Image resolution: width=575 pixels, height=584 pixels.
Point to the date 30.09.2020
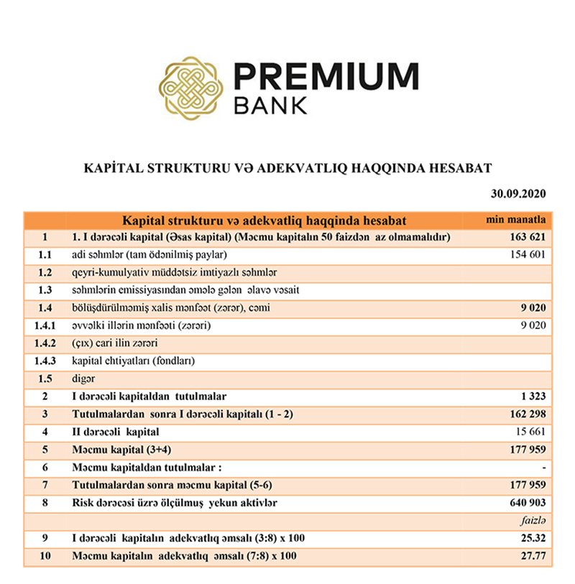pyautogui.click(x=520, y=194)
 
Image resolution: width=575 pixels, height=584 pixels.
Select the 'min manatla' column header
pyautogui.click(x=517, y=218)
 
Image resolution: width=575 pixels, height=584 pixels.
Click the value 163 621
pyautogui.click(x=528, y=236)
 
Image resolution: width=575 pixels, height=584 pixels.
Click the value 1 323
pyautogui.click(x=533, y=396)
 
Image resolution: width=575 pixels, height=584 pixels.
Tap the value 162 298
pyautogui.click(x=528, y=414)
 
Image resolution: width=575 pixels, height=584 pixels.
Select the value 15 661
pyautogui.click(x=531, y=432)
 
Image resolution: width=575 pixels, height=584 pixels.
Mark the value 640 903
pyautogui.click(x=528, y=503)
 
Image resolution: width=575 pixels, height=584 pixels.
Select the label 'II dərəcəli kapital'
pyautogui.click(x=115, y=432)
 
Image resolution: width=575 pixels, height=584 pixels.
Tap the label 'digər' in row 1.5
pyautogui.click(x=83, y=379)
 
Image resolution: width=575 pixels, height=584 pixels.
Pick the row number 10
pyautogui.click(x=45, y=557)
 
